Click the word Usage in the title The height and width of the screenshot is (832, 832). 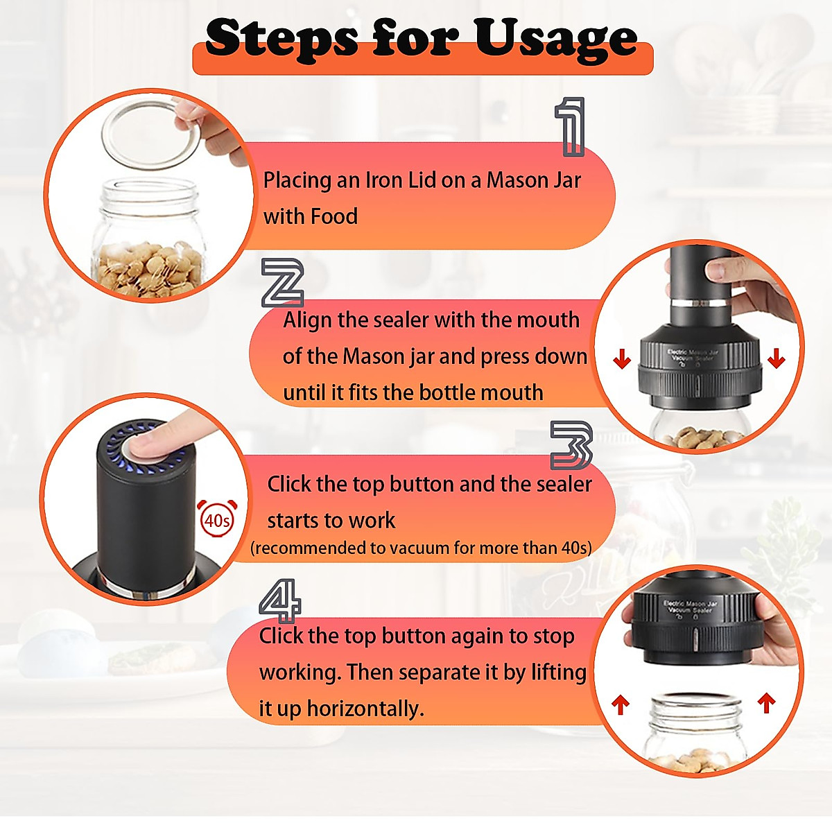(x=556, y=40)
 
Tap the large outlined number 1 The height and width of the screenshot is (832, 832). (x=570, y=126)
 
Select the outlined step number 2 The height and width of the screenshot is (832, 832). (x=283, y=283)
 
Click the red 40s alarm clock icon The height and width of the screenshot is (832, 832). (x=216, y=518)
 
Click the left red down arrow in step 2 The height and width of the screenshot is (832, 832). (x=622, y=359)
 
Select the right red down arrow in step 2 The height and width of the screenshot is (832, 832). (x=776, y=358)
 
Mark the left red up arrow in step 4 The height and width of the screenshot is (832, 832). (x=621, y=706)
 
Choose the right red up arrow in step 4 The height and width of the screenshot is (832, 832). (x=766, y=702)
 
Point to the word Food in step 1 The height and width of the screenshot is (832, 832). (x=334, y=216)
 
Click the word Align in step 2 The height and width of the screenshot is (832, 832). (x=307, y=321)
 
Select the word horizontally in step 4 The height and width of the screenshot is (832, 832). (x=365, y=709)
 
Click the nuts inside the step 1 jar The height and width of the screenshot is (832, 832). (x=149, y=270)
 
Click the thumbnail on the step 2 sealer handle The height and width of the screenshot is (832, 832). (x=715, y=272)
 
